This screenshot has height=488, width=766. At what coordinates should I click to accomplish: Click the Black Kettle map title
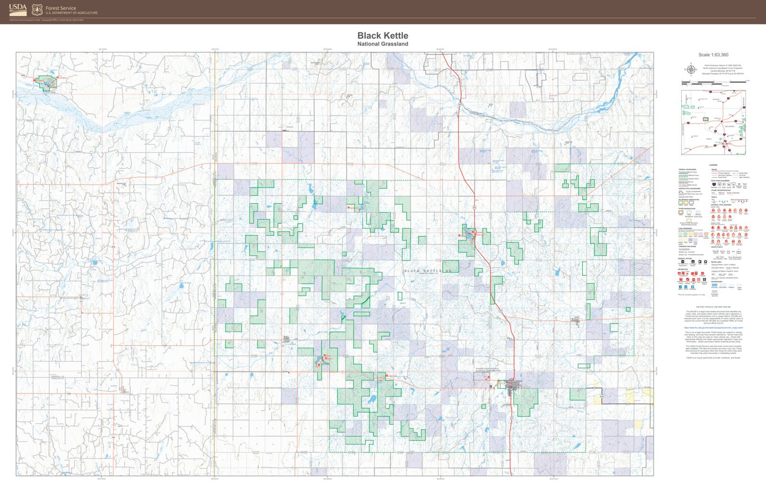point(383,36)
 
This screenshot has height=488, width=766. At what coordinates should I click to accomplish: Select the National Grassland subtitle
point(383,44)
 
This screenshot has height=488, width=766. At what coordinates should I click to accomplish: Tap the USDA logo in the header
point(18,9)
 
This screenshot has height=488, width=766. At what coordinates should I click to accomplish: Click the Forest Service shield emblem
point(37,10)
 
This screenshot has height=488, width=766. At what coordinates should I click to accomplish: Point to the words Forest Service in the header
point(60,8)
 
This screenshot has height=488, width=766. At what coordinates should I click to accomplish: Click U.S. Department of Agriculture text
point(71,13)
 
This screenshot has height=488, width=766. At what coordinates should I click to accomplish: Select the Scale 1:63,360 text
point(713,55)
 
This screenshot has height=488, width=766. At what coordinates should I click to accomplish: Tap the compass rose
point(691,69)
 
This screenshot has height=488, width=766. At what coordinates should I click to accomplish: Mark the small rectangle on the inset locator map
point(706,119)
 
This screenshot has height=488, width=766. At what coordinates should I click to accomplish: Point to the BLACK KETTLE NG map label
point(429,271)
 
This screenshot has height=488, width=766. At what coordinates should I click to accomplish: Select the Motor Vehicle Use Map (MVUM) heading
point(714,307)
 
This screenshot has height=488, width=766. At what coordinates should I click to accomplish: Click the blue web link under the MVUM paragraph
point(714,328)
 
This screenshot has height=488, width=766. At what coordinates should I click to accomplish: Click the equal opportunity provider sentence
point(714,358)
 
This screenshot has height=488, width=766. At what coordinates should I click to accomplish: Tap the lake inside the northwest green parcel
point(48,83)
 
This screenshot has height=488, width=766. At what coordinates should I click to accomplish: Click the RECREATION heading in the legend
point(683,269)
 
